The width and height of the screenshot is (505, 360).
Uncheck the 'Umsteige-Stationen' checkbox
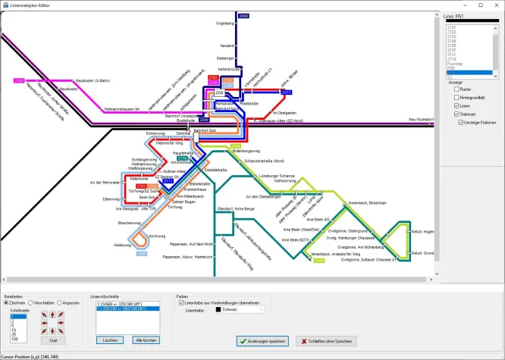click(x=460, y=121)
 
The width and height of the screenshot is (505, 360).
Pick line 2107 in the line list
click(x=452, y=50)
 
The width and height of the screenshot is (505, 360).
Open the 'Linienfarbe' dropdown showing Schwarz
click(x=238, y=310)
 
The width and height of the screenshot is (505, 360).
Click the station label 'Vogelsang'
click(x=225, y=23)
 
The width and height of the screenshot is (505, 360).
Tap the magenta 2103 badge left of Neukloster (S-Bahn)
click(x=20, y=80)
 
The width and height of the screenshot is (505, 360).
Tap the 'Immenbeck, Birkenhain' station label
click(x=368, y=204)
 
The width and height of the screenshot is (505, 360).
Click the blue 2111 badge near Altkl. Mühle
click(x=287, y=92)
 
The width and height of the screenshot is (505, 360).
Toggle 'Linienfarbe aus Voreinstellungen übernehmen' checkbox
click(x=180, y=302)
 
